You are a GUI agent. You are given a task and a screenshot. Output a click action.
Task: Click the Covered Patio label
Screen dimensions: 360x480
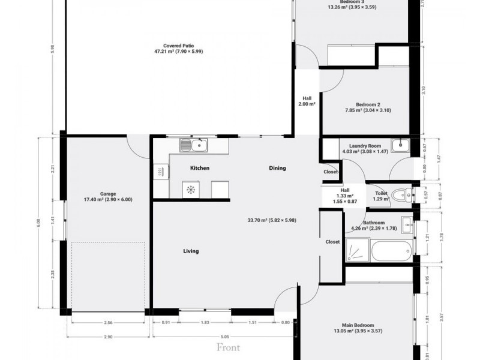[178, 45]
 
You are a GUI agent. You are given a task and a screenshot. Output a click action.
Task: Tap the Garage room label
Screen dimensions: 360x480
[108, 194]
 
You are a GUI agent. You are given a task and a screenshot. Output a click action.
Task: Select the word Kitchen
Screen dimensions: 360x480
[200, 168]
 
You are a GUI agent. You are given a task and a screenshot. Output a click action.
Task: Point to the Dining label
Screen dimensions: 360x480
[277, 168]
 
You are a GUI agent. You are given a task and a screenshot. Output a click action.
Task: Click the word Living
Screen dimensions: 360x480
[191, 251]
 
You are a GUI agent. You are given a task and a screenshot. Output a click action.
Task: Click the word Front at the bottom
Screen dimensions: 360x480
[228, 347]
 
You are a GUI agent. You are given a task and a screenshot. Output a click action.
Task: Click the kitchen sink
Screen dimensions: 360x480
[194, 145]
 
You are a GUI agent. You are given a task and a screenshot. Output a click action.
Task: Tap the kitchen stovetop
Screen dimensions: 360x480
[191, 190]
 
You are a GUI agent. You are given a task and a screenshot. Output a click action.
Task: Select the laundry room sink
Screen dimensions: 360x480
[400, 145]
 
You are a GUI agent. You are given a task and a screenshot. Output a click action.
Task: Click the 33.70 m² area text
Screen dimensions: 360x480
[271, 220]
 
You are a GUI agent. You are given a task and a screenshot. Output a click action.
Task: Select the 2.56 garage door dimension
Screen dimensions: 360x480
[108, 322]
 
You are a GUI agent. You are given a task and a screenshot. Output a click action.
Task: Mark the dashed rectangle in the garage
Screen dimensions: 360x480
[109, 277]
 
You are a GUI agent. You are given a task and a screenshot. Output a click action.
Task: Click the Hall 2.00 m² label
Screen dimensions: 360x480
[307, 101]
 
